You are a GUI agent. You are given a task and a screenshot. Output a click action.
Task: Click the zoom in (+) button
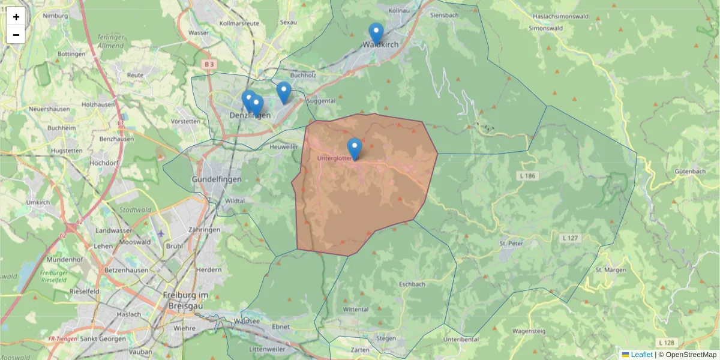point(16,17)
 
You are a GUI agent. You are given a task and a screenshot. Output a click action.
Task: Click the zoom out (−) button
point(16,35)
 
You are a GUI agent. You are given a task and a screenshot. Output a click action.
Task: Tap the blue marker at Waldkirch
point(376,34)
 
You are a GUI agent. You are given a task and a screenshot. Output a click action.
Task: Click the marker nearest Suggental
point(284,92)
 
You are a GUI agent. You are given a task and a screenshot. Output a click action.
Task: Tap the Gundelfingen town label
point(216,179)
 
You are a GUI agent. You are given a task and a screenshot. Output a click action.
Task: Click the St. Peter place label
point(511,244)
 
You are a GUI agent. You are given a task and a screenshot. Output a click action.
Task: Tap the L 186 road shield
point(529,175)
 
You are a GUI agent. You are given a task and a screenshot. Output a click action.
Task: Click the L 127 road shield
point(571,238)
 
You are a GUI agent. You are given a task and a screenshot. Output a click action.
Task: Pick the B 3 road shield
point(209,64)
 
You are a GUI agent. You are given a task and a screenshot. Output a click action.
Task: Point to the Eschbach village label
point(412,284)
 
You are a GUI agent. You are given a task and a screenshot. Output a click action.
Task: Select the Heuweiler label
point(284,146)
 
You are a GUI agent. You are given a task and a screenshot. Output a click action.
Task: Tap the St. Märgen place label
point(611,270)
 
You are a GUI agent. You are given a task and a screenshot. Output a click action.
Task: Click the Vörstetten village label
point(185,121)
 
